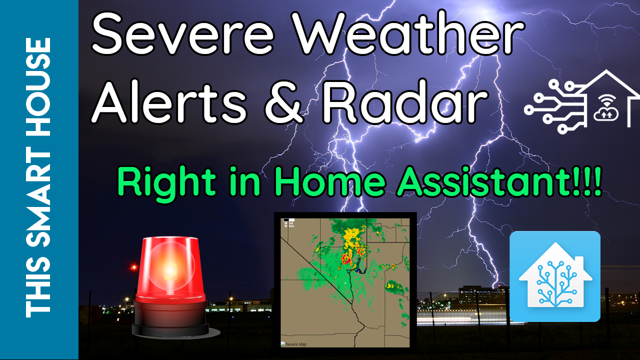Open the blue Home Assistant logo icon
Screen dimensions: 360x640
554,276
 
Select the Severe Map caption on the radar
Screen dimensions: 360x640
295,344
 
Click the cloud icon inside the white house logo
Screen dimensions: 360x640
604,112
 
